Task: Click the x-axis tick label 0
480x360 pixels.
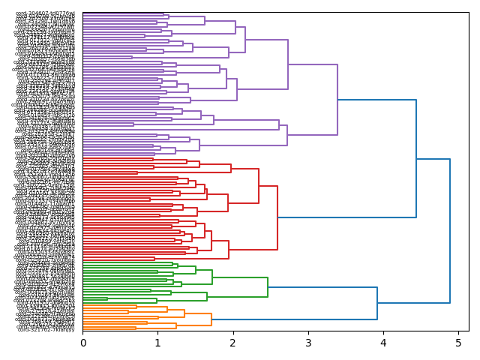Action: [x=82, y=343]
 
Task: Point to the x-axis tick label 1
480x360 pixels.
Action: [x=157, y=343]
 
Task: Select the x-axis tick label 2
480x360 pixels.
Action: [x=232, y=343]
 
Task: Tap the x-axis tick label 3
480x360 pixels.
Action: [x=308, y=343]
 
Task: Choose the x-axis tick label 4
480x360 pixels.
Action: [x=383, y=343]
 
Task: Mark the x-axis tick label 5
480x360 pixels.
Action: [x=458, y=343]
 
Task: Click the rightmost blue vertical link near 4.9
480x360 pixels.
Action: [x=450, y=231]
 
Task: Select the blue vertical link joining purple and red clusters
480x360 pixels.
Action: [x=416, y=158]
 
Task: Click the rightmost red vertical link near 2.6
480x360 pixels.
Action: [x=277, y=217]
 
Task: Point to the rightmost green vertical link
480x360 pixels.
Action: [x=268, y=287]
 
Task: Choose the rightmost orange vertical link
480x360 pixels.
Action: [x=211, y=319]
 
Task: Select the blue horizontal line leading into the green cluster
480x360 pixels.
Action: [x=322, y=287]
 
